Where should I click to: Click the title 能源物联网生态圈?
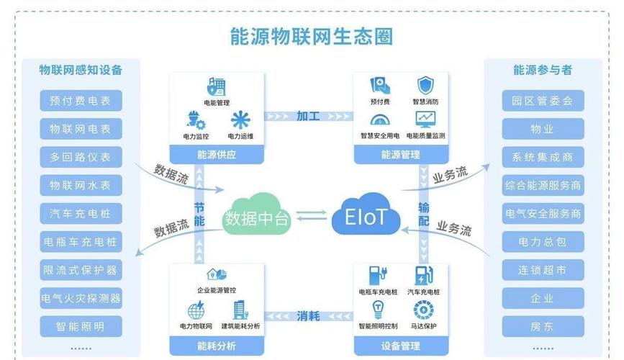tap(311, 36)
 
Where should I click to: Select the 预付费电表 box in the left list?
tap(81, 101)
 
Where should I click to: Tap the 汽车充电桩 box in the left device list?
tap(81, 213)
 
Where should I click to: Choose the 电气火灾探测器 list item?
tap(81, 298)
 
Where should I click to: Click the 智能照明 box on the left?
tap(81, 327)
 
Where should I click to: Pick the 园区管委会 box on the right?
tap(543, 101)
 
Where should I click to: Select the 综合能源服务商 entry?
tap(543, 185)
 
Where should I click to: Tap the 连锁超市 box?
tap(543, 270)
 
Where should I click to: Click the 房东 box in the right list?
tap(543, 327)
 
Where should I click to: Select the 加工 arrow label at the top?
tap(308, 116)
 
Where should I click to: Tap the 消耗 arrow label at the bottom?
tap(308, 316)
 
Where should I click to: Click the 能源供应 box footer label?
tap(217, 154)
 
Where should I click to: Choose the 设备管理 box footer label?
tap(400, 346)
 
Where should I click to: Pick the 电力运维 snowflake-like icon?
tap(240, 120)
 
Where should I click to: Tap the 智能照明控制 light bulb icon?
tap(377, 310)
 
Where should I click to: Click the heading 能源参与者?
tap(543, 70)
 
